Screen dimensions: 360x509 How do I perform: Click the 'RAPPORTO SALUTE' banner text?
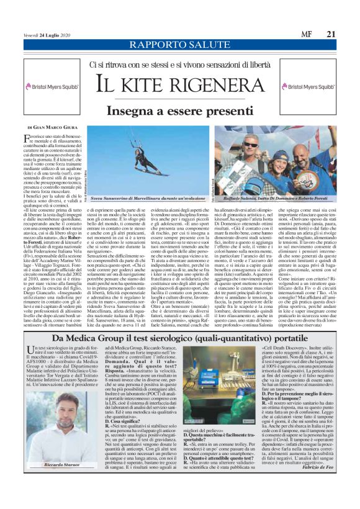coord(179,45)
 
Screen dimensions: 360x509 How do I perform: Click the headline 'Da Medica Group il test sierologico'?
coord(180,337)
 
